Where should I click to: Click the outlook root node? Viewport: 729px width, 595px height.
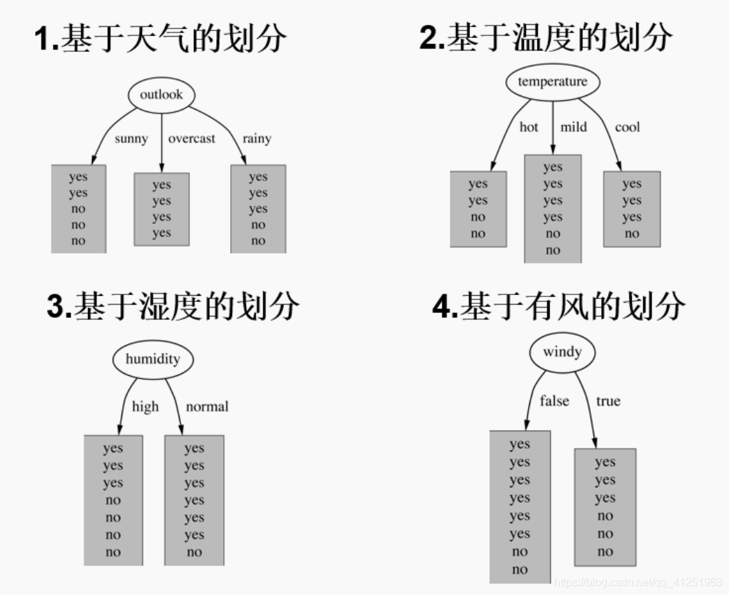(x=161, y=95)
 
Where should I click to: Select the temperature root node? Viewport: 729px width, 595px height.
(x=552, y=82)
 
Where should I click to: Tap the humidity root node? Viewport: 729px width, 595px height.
(x=153, y=359)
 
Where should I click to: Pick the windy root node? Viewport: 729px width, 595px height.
(x=562, y=352)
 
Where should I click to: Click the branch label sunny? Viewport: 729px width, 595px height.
(x=131, y=138)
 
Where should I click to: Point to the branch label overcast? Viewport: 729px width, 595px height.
(x=192, y=138)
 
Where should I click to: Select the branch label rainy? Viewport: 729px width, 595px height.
(x=256, y=138)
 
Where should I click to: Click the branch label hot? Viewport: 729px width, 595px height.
(x=529, y=127)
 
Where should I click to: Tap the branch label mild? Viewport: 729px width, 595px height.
(x=574, y=127)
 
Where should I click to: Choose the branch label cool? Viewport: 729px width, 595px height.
(x=627, y=127)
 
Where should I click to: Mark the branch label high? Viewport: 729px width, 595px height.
(x=145, y=406)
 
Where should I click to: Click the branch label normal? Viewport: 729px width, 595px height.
(x=207, y=406)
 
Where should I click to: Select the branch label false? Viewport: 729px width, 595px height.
(x=554, y=401)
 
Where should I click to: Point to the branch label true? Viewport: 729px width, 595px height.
(x=608, y=401)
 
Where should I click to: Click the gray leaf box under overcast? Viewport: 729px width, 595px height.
(x=161, y=209)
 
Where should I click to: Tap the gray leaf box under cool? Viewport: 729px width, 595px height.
(x=632, y=209)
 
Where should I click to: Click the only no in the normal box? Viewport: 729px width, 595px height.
(x=194, y=551)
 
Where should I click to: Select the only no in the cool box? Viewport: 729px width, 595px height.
(x=632, y=234)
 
